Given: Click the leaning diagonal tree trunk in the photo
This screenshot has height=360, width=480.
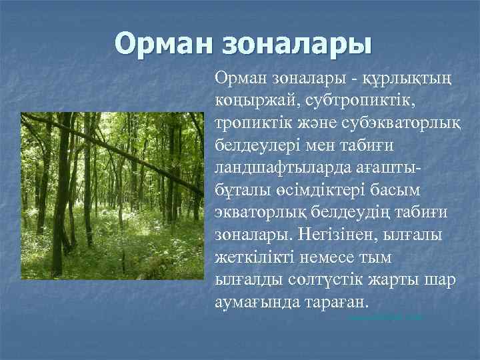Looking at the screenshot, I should [120, 151].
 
